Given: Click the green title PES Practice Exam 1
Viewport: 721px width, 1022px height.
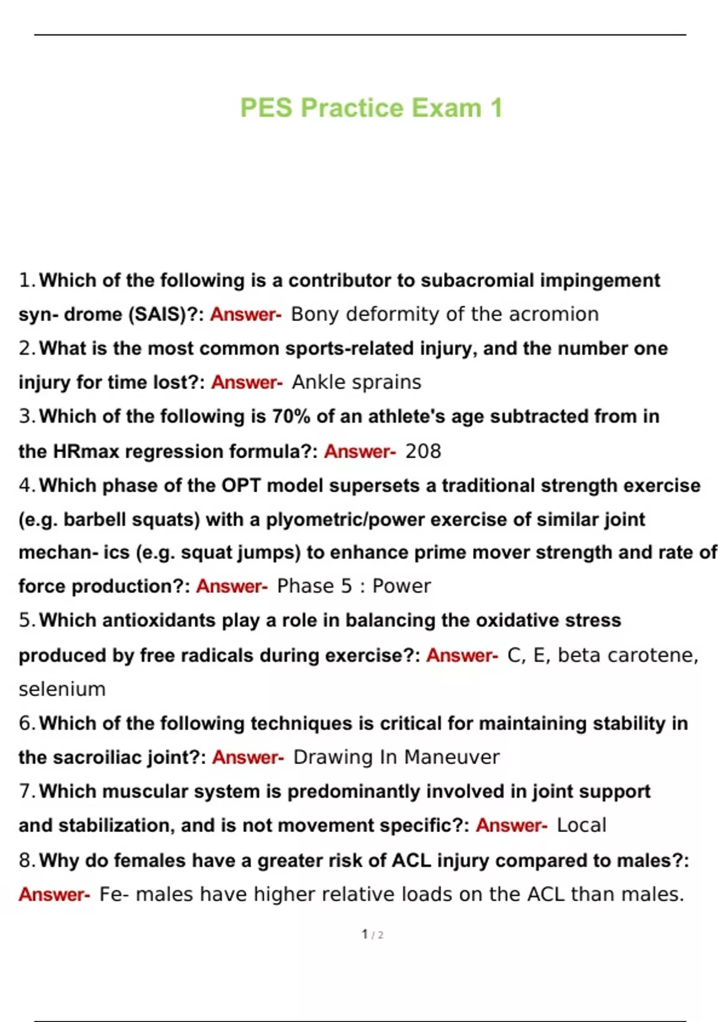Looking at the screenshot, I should coord(371,108).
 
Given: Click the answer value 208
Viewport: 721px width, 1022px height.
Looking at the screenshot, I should coord(423,451).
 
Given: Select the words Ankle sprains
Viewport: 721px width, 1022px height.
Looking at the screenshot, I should coord(356,382).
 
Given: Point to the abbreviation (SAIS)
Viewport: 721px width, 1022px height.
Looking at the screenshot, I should coord(158,314).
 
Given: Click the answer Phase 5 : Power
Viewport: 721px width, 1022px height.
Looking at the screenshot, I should coord(353,586).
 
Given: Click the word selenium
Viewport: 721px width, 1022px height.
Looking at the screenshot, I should coord(62,689).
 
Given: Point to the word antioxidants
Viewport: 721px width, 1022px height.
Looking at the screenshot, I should coord(159,620).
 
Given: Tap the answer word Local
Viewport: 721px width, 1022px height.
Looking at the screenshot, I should coord(581,825).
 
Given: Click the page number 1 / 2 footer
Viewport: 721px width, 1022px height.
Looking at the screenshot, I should coord(373,934).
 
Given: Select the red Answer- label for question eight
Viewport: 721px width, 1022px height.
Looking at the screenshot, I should coord(54,895).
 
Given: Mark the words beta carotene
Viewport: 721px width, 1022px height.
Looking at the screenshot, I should coord(627,655).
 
